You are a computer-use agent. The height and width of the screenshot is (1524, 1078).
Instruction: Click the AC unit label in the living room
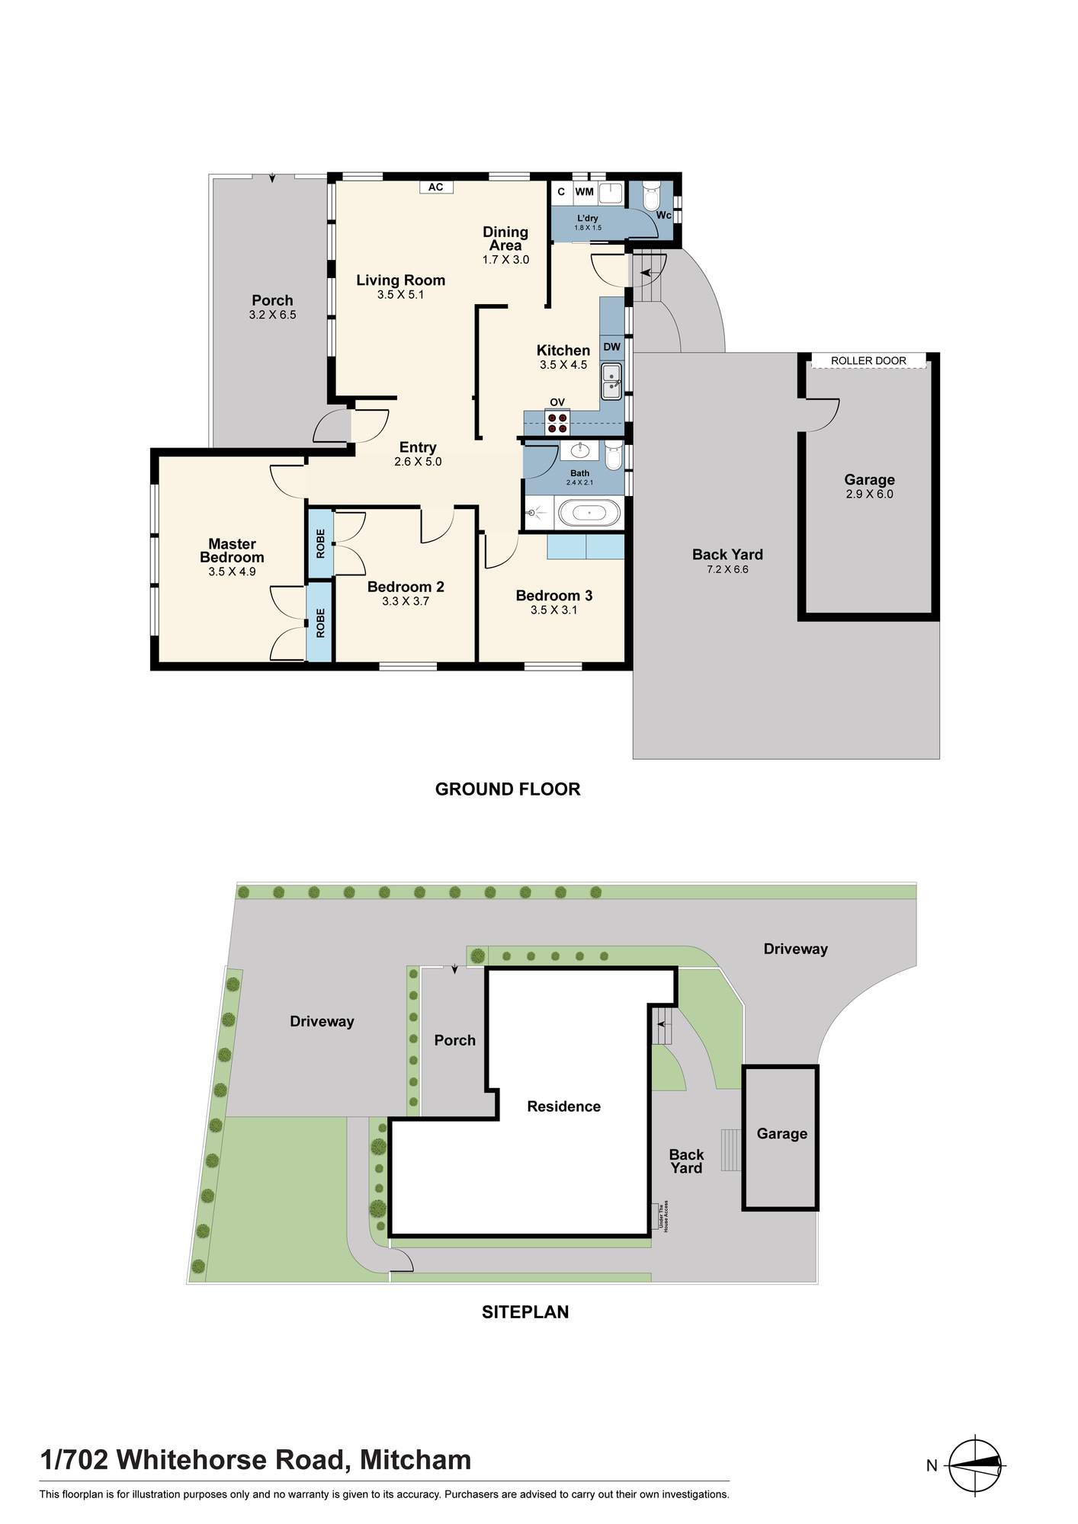coord(435,187)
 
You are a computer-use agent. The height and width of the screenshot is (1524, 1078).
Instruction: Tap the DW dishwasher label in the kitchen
coord(611,347)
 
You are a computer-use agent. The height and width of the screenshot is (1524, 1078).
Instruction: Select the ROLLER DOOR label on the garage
coord(868,360)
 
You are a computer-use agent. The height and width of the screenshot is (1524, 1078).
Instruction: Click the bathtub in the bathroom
coord(589,513)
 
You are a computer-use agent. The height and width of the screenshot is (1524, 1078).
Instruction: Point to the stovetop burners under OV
coord(557,423)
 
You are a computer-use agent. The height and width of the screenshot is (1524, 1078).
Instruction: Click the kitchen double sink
coord(611,381)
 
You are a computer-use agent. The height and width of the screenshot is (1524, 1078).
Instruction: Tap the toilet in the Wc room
coord(651,196)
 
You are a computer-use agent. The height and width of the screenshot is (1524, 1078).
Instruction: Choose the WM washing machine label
coord(584,192)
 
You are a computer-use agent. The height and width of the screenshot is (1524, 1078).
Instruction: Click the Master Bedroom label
coord(233,550)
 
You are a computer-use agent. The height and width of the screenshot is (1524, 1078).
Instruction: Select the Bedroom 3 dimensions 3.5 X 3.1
coord(554,610)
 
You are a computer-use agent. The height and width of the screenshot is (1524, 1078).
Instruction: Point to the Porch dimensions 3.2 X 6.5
coord(272,314)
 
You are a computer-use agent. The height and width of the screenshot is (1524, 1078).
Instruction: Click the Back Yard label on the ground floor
coord(727,555)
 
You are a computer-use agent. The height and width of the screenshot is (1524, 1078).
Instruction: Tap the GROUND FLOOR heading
coord(508,789)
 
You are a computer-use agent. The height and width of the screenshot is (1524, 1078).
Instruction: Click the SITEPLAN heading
coord(525,1311)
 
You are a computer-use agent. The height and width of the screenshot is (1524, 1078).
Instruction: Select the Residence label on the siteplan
coord(564,1106)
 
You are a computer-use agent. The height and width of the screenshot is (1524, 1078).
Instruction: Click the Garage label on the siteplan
coord(782,1134)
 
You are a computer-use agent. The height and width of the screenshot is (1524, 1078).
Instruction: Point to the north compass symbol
coord(976,1465)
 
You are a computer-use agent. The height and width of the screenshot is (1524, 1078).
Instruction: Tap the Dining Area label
coord(505,239)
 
